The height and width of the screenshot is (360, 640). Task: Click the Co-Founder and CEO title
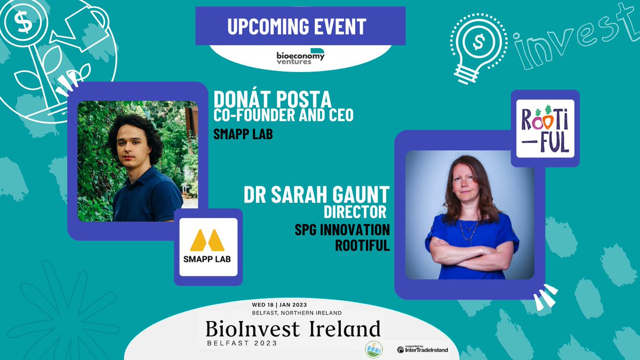click(x=283, y=115)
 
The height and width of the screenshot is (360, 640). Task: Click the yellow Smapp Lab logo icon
click(x=208, y=241)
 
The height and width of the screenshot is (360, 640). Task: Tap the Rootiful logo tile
click(x=545, y=128)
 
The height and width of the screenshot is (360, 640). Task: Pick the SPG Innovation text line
click(x=342, y=230)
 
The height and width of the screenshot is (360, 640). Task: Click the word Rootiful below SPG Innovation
click(x=362, y=246)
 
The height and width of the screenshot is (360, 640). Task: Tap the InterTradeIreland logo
click(x=422, y=350)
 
